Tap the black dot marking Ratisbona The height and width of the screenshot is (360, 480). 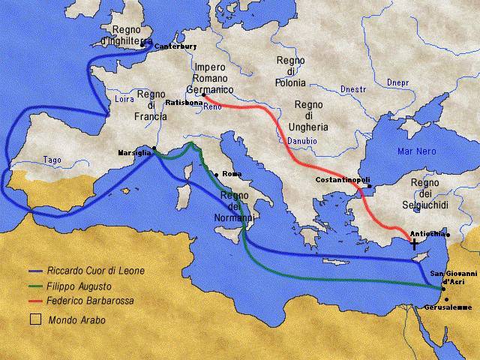coord(203,94)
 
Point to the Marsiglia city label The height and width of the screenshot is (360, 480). coord(134,152)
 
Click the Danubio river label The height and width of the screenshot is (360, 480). coord(301,140)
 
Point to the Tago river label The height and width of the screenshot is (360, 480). coord(52,160)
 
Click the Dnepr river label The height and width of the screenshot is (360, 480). coord(397,81)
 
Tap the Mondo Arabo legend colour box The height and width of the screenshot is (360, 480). coord(34,319)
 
